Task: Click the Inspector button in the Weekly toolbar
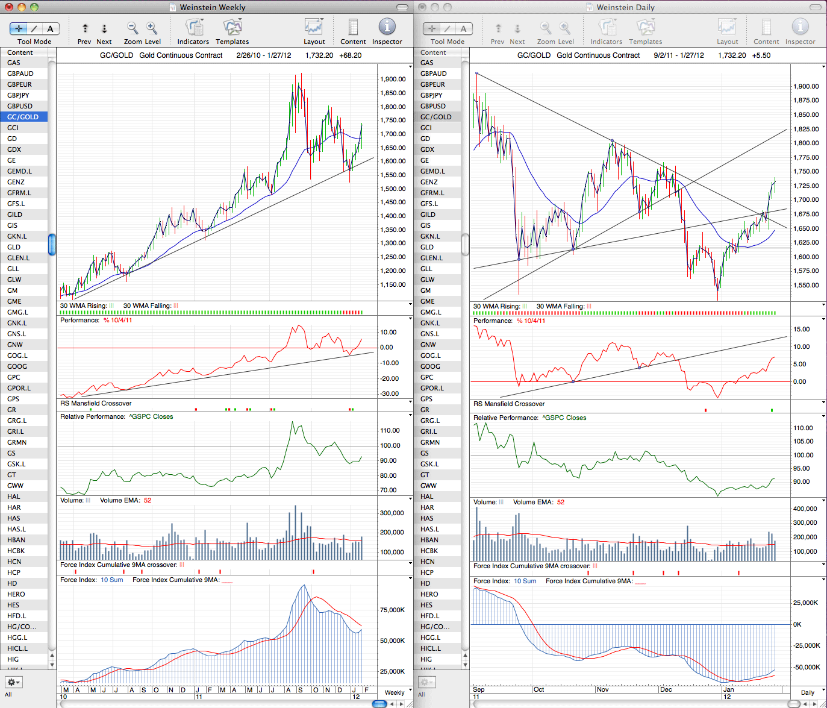tap(387, 31)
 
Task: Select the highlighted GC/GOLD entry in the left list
tap(23, 117)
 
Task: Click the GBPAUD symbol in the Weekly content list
tap(20, 74)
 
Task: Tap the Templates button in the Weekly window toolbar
tap(232, 31)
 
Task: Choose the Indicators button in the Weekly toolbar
tap(193, 31)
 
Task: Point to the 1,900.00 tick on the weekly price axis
tap(393, 80)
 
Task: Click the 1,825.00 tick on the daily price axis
tap(806, 129)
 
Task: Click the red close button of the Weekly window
tap(8, 7)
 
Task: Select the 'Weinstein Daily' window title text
tap(625, 7)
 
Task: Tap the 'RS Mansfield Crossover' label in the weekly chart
tap(96, 403)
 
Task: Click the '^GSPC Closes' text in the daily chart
tap(564, 418)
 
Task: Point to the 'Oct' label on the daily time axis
tap(538, 689)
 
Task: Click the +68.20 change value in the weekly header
tap(350, 55)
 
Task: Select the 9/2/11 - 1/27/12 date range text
tap(679, 55)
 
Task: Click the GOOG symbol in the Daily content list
tap(430, 366)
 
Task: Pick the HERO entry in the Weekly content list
tap(16, 594)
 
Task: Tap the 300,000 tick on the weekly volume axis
tap(392, 513)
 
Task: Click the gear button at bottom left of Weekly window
tap(13, 682)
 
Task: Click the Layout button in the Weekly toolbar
tap(314, 31)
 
